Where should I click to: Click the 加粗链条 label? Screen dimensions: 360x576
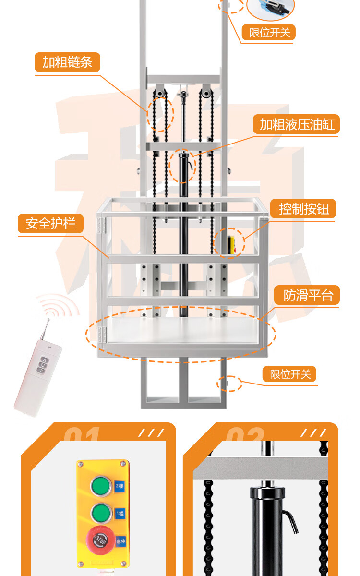67,62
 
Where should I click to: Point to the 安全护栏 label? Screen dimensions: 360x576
51,223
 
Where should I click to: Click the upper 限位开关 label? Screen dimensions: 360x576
270,33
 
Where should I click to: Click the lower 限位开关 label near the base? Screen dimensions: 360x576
290,374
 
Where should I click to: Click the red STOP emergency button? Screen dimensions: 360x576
100,540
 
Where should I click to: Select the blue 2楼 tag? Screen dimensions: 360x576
120,486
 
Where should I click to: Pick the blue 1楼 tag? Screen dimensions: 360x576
120,513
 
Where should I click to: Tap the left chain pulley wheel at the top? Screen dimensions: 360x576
159,92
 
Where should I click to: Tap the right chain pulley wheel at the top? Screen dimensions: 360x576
206,92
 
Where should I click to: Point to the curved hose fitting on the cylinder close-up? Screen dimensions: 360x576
291,520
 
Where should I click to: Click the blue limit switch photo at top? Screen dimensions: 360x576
270,7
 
